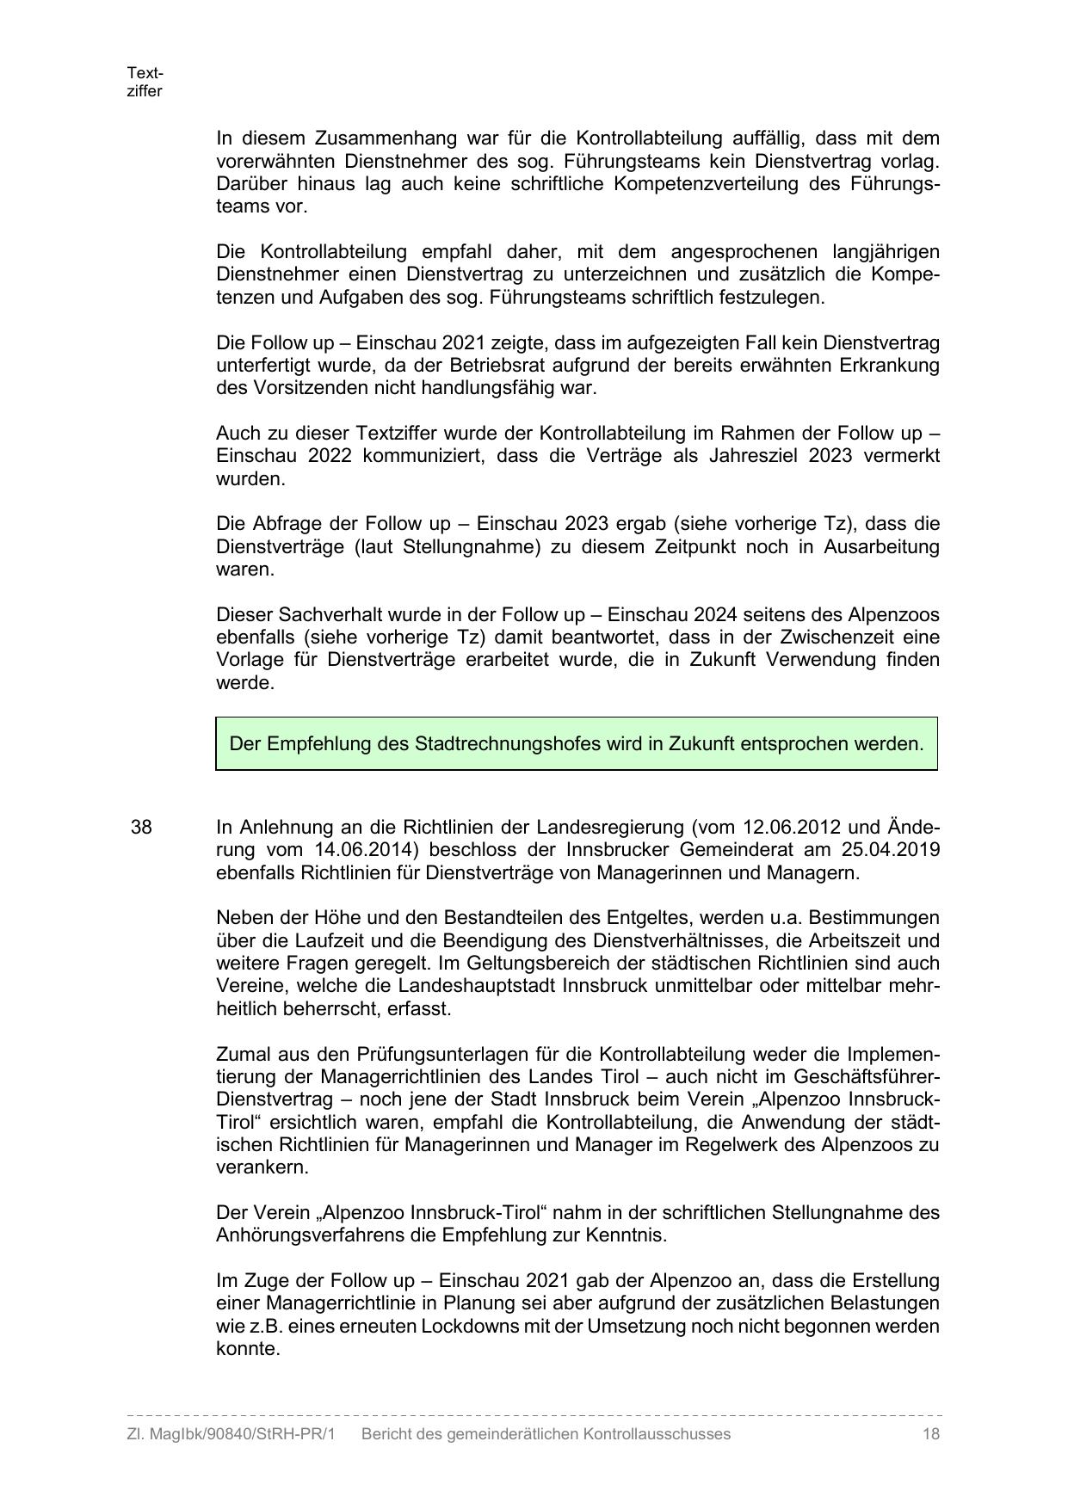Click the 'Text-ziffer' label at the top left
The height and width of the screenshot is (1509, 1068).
(145, 82)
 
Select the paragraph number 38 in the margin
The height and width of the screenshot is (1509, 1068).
(141, 828)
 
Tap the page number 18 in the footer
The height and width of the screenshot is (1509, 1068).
(930, 1434)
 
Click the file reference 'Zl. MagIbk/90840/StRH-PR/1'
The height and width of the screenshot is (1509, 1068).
(231, 1434)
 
